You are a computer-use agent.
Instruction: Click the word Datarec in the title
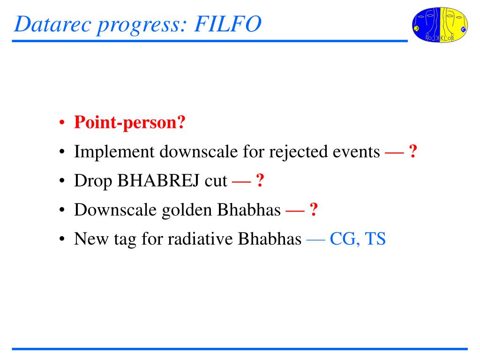(x=52, y=24)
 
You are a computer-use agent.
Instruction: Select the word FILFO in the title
(x=228, y=24)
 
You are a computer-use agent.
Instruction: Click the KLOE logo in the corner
(x=440, y=25)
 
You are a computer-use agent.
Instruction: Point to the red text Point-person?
(x=130, y=123)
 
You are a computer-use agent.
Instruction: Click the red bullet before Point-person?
(x=62, y=123)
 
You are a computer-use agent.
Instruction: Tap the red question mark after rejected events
(x=413, y=151)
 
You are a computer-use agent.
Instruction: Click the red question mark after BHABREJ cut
(x=260, y=180)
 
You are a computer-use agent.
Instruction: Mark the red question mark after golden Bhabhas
(x=314, y=210)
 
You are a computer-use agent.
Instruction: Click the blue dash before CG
(x=315, y=240)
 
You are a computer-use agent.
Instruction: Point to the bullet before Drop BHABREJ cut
(x=62, y=181)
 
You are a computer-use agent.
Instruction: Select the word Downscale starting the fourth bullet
(x=115, y=210)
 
